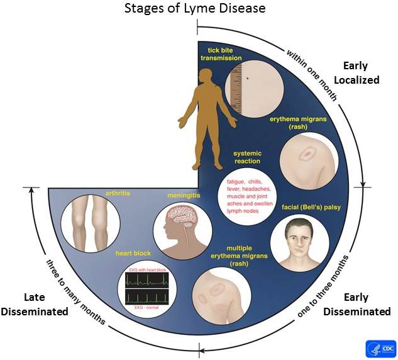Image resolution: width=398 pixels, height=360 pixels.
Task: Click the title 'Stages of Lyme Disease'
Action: coord(199,9)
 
